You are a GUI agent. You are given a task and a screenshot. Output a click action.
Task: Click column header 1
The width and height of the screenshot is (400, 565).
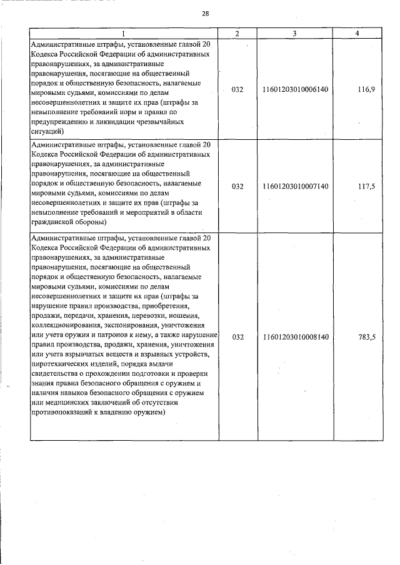pyautogui.click(x=124, y=33)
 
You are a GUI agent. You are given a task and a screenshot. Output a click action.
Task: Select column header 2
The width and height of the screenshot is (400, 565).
pyautogui.click(x=237, y=33)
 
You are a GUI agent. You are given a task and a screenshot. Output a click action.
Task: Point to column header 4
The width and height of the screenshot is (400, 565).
pyautogui.click(x=357, y=33)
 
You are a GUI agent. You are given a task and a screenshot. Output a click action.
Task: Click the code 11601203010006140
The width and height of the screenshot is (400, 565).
pyautogui.click(x=296, y=90)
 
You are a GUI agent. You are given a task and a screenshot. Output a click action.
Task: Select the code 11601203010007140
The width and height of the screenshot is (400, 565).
pyautogui.click(x=296, y=187)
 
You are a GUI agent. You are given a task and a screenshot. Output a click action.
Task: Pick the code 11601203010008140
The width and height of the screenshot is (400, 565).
pyautogui.click(x=296, y=337)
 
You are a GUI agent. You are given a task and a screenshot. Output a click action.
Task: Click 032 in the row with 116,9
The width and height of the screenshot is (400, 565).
pyautogui.click(x=237, y=90)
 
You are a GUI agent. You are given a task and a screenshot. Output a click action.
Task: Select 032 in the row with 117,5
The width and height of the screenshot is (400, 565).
pyautogui.click(x=237, y=187)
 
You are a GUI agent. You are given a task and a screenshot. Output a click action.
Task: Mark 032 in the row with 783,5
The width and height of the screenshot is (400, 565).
pyautogui.click(x=237, y=337)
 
